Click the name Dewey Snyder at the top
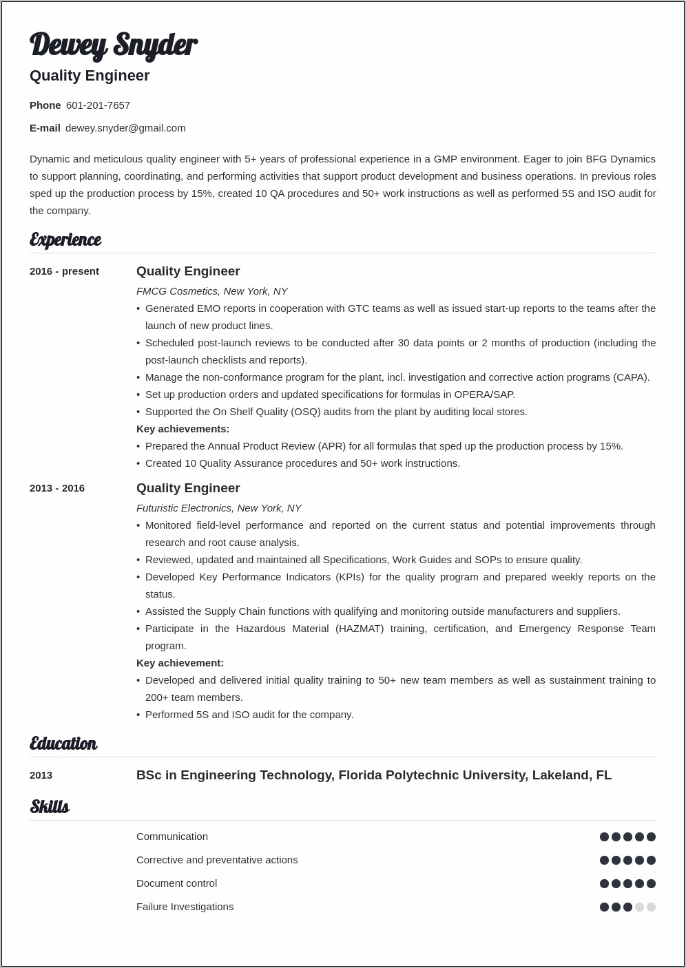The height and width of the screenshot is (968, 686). pyautogui.click(x=113, y=45)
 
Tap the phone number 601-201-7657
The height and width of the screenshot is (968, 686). pyautogui.click(x=98, y=105)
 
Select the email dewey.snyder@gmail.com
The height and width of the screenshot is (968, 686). pyautogui.click(x=125, y=128)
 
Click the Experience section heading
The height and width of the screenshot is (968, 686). pyautogui.click(x=65, y=240)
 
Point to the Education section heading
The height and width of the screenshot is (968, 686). pyautogui.click(x=63, y=744)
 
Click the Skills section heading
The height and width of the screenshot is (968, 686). pyautogui.click(x=50, y=807)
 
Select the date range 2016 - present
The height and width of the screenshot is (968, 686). pyautogui.click(x=64, y=271)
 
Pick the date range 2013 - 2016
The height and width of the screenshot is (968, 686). pyautogui.click(x=57, y=488)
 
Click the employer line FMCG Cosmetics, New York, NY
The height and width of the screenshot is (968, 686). pyautogui.click(x=211, y=291)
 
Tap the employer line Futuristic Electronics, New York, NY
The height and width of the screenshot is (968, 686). pyautogui.click(x=218, y=508)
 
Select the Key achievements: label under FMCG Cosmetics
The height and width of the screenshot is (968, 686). pyautogui.click(x=183, y=429)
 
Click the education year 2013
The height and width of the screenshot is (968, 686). pyautogui.click(x=41, y=775)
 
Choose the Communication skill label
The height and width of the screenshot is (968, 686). pyautogui.click(x=171, y=837)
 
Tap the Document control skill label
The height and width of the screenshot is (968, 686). pyautogui.click(x=176, y=883)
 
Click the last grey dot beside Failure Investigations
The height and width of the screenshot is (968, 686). pyautogui.click(x=651, y=907)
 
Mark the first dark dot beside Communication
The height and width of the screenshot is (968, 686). pyautogui.click(x=604, y=837)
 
